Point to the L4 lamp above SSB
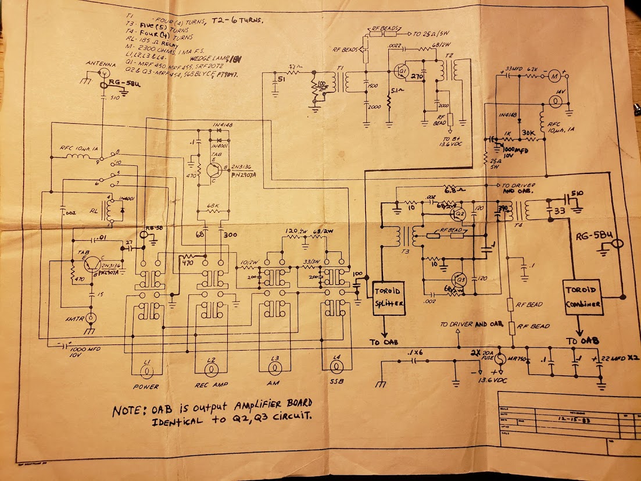[335, 366]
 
